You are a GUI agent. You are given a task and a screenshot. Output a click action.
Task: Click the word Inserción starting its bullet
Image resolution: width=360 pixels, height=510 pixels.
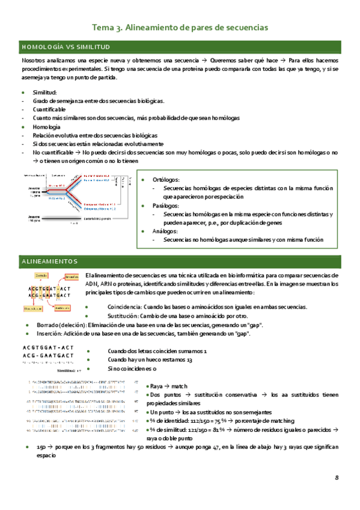click(46, 334)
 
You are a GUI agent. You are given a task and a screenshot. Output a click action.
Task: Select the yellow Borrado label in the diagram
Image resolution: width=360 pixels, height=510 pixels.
click(41, 275)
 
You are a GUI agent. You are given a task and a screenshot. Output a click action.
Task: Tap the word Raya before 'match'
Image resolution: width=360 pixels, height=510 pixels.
click(157, 386)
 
